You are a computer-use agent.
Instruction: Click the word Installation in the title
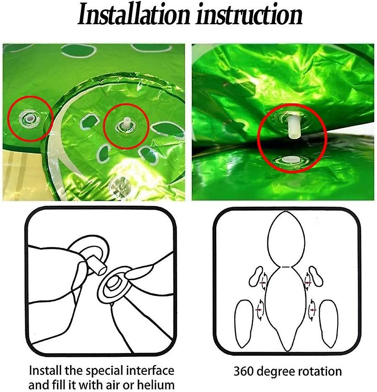click(x=133, y=16)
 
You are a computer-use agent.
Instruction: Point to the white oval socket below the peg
click(x=289, y=159)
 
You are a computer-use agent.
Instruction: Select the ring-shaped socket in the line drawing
click(x=114, y=286)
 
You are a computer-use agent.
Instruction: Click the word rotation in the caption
click(x=321, y=371)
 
